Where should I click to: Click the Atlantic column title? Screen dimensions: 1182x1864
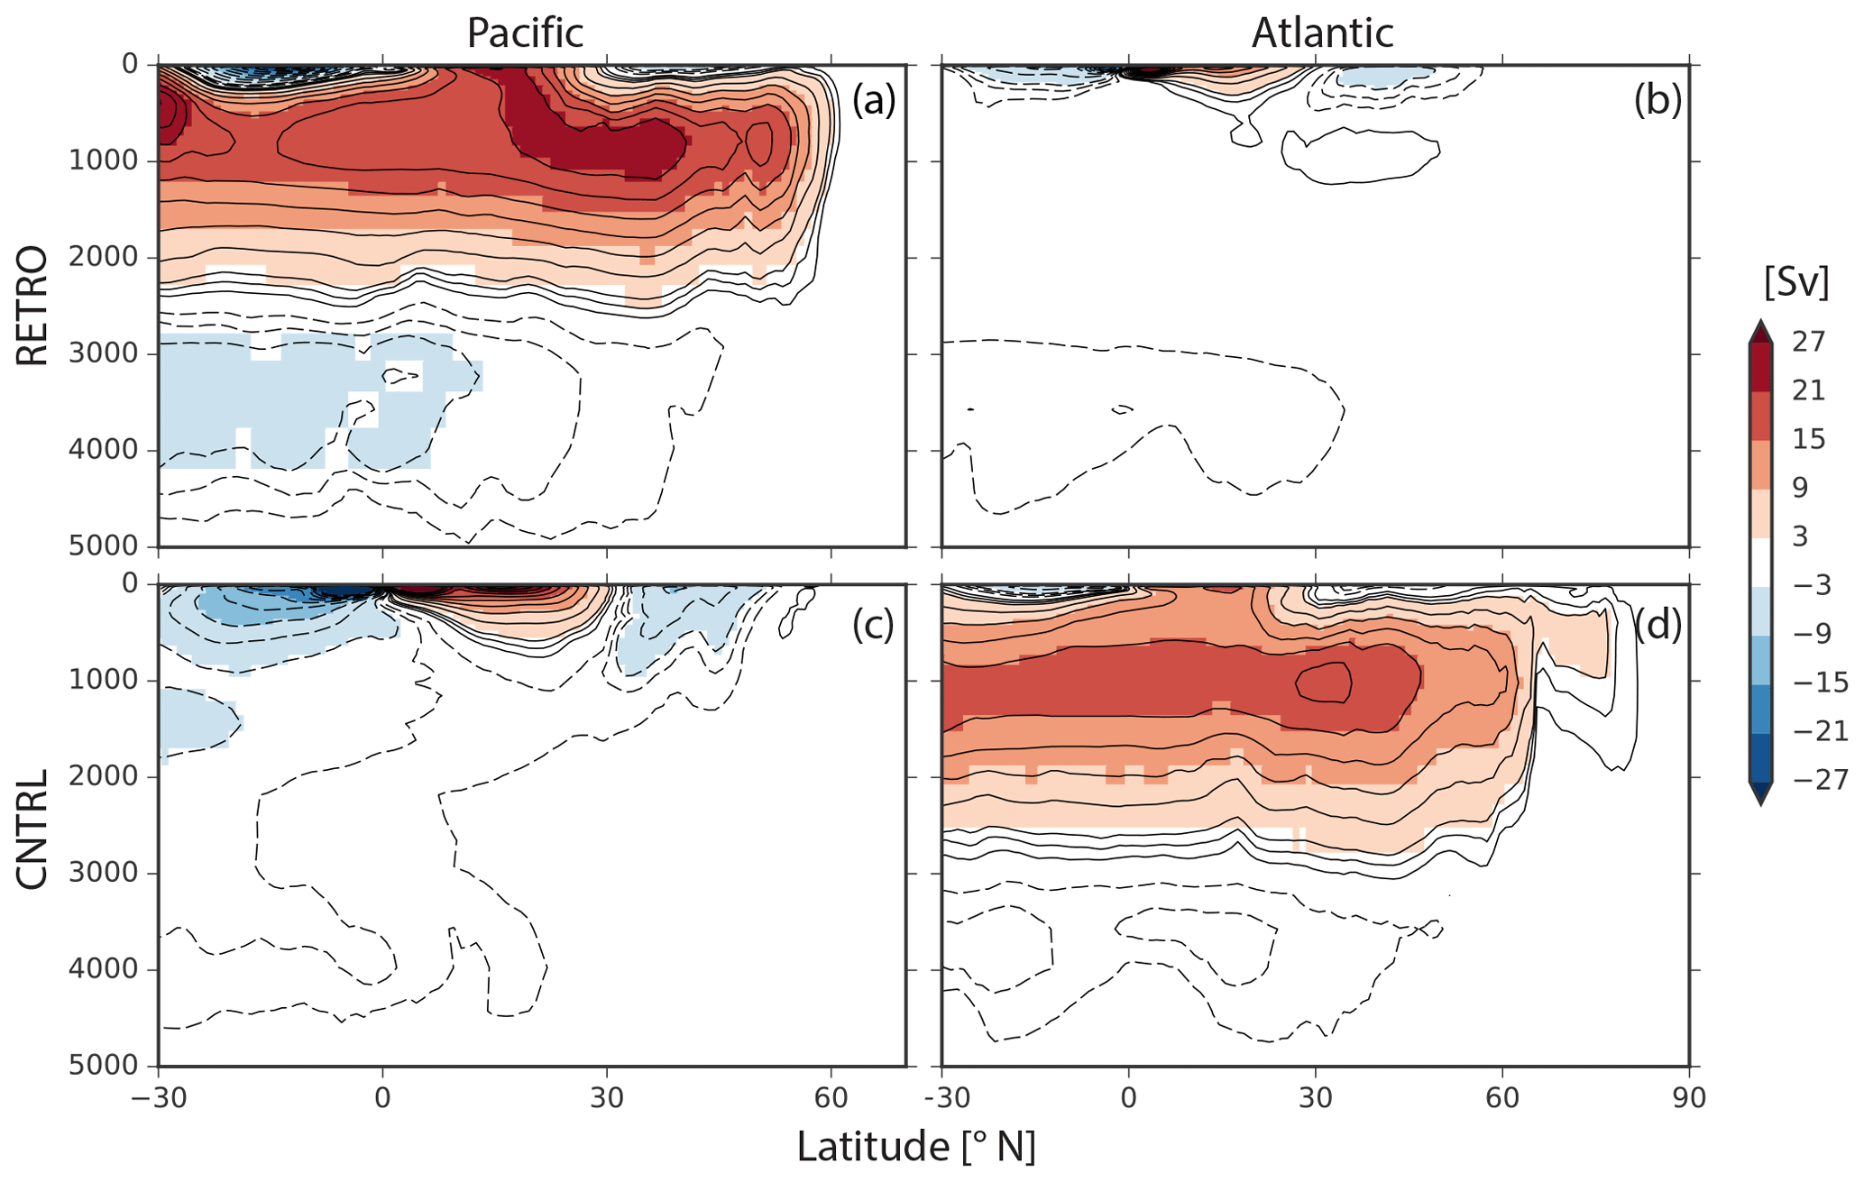[1322, 33]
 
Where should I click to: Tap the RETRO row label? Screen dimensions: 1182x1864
[32, 305]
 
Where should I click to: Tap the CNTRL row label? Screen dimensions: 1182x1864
[32, 829]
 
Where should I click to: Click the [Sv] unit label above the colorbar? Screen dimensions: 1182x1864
[1795, 283]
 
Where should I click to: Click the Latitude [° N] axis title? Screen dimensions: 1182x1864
[915, 1147]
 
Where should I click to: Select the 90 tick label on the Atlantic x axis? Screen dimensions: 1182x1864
[1688, 1099]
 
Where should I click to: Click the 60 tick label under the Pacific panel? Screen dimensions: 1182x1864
[831, 1099]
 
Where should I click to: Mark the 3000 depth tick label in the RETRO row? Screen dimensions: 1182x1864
[104, 353]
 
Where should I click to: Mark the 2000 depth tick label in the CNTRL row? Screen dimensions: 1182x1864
[104, 776]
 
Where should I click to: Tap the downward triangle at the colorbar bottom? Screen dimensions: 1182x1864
[1760, 793]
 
